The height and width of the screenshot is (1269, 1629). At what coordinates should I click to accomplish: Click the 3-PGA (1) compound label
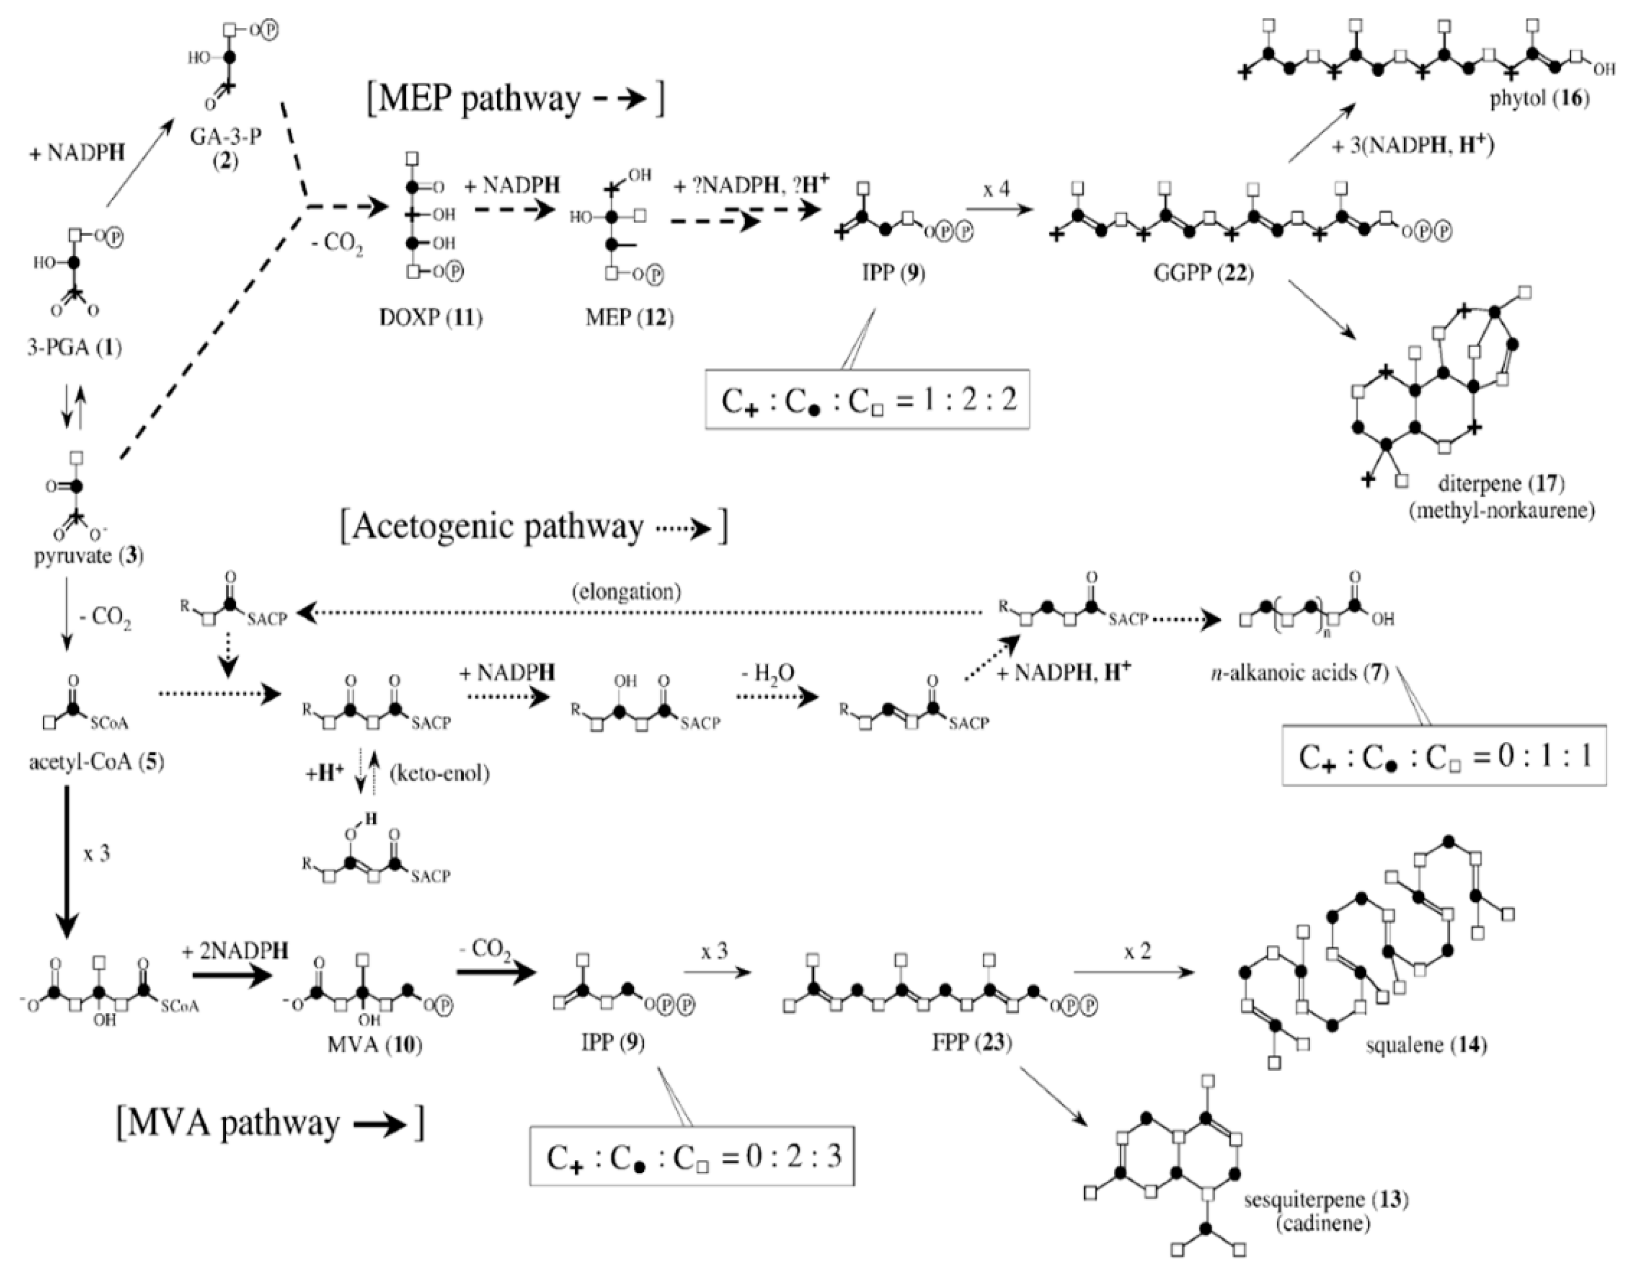[75, 347]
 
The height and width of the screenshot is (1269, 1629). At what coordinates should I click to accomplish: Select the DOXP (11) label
[430, 318]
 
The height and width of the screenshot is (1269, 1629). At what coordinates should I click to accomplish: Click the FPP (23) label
[972, 1042]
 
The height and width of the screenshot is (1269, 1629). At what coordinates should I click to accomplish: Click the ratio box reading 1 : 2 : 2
[868, 401]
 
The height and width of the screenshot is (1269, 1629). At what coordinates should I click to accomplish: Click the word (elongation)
[627, 592]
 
